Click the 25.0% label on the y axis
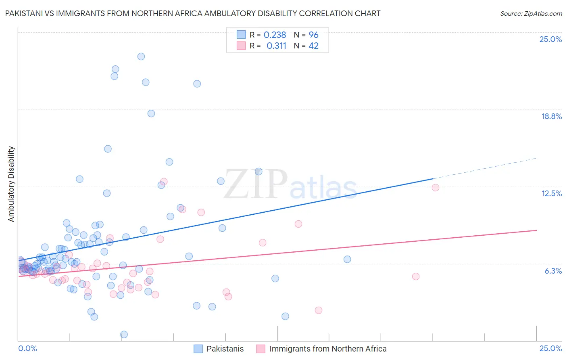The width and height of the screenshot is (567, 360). click(550, 39)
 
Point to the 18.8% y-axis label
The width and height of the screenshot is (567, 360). click(551, 116)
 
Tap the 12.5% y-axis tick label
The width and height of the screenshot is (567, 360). click(551, 193)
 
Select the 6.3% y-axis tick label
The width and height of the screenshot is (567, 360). click(553, 271)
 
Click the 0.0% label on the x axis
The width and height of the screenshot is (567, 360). click(27, 348)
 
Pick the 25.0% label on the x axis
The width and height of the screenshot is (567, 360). click(550, 348)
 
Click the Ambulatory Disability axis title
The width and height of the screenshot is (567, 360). click(11, 184)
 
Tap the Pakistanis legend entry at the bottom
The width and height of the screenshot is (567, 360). click(225, 349)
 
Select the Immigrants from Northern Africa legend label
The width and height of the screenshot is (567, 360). click(327, 349)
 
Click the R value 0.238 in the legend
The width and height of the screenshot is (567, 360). click(275, 35)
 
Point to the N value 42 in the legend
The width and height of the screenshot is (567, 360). click(313, 46)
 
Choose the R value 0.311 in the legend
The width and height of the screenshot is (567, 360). click(276, 46)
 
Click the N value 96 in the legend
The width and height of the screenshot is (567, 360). click(313, 35)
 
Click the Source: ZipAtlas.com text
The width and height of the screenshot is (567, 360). click(531, 14)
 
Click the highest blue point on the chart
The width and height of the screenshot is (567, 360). click(141, 57)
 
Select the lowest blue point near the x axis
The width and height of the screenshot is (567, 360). click(124, 335)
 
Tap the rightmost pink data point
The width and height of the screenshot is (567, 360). click(436, 188)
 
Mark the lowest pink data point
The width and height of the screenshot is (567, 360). click(319, 310)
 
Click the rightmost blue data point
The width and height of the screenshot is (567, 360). click(347, 260)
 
